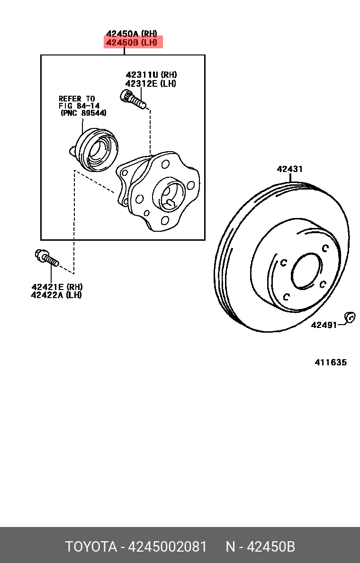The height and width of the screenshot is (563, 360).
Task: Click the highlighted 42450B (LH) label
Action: click(x=133, y=43)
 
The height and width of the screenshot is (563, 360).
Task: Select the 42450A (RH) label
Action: click(x=131, y=34)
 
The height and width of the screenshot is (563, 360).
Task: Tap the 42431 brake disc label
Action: click(x=290, y=169)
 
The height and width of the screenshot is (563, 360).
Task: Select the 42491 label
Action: click(x=324, y=325)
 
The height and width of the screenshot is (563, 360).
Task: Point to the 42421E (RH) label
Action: click(x=57, y=287)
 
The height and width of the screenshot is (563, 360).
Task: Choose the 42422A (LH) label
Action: click(x=56, y=295)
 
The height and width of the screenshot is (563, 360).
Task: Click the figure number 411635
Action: click(x=331, y=363)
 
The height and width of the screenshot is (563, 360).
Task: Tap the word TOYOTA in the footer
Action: click(x=91, y=547)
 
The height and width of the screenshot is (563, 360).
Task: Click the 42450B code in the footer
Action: click(x=272, y=547)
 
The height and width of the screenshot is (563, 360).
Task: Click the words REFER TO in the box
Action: click(x=77, y=99)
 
